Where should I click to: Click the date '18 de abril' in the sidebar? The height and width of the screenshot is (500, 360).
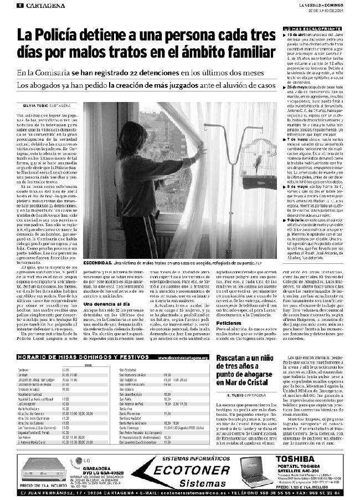click(x=300, y=35)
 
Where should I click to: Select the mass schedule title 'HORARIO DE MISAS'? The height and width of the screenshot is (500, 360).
click(x=42, y=358)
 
